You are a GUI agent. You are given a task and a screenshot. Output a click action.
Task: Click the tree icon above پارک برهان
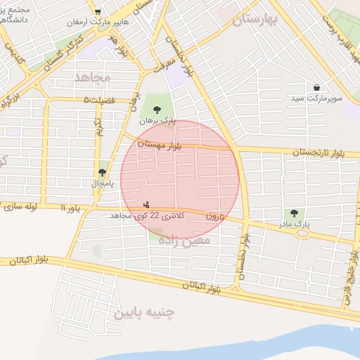(156, 109)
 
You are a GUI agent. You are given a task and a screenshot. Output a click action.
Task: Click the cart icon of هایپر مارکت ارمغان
(98, 12)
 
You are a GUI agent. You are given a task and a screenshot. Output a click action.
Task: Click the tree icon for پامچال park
(103, 172)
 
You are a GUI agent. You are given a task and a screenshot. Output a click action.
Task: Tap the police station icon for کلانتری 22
(146, 205)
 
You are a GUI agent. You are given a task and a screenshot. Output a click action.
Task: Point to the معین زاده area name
(184, 241)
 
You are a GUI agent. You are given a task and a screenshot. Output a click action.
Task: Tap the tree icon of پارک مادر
(293, 213)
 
